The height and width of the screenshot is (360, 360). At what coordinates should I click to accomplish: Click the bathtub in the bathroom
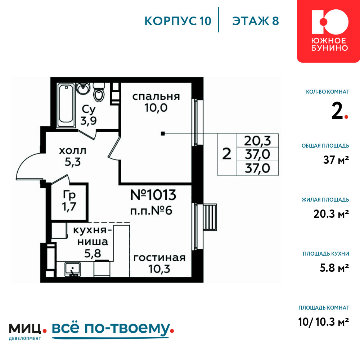[66, 105]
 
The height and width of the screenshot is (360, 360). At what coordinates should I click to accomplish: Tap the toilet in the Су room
[99, 92]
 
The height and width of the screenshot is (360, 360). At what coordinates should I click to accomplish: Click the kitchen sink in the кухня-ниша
[73, 269]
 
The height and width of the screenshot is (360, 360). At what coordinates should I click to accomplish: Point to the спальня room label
[156, 96]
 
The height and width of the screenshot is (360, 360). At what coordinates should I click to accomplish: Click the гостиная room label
[159, 258]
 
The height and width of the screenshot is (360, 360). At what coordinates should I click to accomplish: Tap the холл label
[73, 151]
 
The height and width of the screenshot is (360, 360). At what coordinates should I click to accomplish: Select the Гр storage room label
[69, 195]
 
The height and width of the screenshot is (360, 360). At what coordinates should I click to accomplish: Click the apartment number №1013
[153, 195]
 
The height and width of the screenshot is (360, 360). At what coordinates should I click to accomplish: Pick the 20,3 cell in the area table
[258, 141]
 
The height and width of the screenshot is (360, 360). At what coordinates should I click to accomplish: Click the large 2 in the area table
[227, 154]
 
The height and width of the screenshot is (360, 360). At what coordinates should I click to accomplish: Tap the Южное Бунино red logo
[329, 31]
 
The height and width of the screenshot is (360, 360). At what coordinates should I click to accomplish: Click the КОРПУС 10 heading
[178, 21]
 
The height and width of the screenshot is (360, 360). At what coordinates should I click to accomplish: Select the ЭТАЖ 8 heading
[256, 21]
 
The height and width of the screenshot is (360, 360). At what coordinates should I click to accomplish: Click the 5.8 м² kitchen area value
[334, 268]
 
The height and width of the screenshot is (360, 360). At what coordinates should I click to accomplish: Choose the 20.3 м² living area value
[331, 214]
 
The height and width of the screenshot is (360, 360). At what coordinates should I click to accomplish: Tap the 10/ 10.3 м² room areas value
[324, 322]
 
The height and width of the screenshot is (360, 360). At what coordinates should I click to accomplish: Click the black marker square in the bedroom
[163, 134]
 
